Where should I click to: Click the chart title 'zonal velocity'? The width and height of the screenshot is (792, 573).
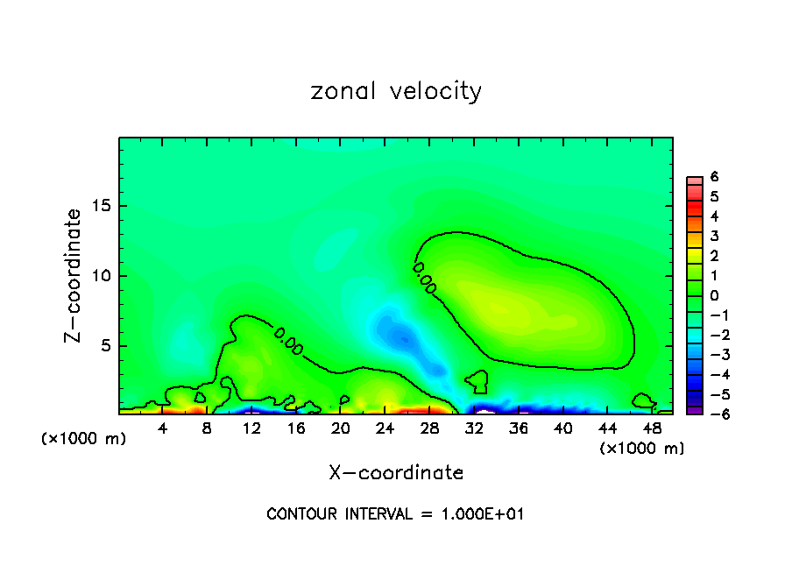[x=396, y=91]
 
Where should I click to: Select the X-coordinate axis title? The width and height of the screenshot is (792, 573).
[x=396, y=473]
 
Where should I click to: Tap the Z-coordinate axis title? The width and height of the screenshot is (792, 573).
[x=74, y=275]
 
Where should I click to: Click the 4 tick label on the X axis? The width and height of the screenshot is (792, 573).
[x=163, y=429]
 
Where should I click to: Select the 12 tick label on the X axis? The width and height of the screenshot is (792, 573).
[x=251, y=429]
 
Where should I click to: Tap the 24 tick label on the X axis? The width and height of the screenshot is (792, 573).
[x=385, y=429]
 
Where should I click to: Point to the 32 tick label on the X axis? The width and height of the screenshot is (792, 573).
[x=474, y=429]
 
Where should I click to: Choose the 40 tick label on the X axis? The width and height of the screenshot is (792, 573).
[x=562, y=429]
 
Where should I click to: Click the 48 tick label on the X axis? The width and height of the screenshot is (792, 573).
[x=652, y=429]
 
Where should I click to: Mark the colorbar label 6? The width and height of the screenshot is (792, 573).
[x=714, y=177]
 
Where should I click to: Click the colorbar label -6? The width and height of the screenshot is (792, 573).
[x=711, y=414]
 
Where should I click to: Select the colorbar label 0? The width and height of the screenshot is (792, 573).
[x=714, y=295]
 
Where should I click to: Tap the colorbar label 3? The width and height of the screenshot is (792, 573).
[x=714, y=236]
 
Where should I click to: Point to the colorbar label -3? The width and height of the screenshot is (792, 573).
[x=711, y=354]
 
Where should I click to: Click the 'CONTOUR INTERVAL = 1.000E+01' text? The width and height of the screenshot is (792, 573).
[x=395, y=514]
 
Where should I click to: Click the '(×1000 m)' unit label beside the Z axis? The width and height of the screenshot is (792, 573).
[x=83, y=438]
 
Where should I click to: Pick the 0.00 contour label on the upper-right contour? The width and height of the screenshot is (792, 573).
[x=424, y=277]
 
